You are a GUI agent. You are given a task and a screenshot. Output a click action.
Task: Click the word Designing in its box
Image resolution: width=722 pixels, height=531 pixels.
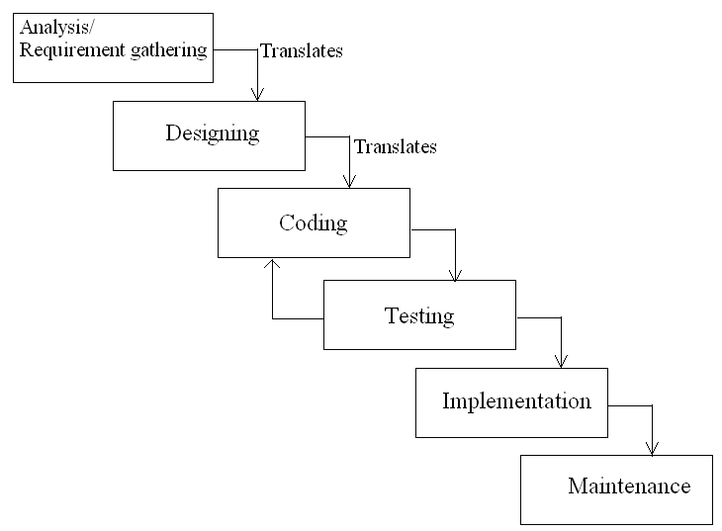point(212,133)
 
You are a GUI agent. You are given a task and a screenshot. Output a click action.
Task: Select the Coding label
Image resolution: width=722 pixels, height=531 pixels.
point(313,222)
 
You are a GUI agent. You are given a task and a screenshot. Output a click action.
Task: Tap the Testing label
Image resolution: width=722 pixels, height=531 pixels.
point(418,315)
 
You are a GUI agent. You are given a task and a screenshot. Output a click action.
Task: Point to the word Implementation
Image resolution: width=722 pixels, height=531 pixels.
point(516,401)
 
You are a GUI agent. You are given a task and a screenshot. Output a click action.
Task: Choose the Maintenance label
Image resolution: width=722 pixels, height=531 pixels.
point(629,487)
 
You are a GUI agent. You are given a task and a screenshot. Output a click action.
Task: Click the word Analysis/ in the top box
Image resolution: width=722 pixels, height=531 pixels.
point(56,26)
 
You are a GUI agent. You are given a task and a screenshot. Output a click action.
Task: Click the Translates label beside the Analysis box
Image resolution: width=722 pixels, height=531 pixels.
point(302,51)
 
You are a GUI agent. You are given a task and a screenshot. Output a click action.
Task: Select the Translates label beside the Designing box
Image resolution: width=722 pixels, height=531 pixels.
point(395,146)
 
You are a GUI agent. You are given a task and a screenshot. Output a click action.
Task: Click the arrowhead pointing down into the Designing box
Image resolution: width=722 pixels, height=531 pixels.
point(258,95)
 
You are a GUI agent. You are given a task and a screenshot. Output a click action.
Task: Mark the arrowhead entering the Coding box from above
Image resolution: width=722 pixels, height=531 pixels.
point(349,181)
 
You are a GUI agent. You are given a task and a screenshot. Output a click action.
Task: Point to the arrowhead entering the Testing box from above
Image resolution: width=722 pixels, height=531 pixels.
point(455,274)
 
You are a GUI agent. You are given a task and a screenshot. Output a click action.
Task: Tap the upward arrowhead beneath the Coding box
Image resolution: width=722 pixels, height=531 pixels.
point(273,264)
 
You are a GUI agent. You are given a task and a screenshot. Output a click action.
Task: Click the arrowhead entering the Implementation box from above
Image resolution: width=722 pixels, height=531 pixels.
point(561,361)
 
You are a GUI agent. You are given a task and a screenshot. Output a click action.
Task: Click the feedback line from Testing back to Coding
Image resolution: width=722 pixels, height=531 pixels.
point(297,318)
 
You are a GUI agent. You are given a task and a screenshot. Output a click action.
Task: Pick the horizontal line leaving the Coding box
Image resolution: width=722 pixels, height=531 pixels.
point(432,230)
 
